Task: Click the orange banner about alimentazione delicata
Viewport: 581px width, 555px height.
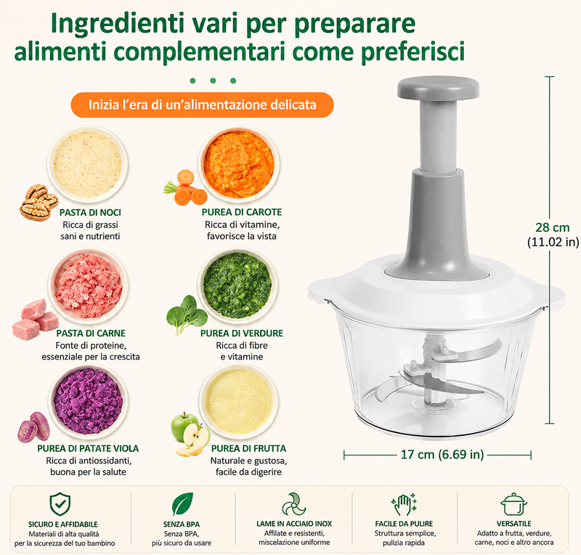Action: (x=203, y=105)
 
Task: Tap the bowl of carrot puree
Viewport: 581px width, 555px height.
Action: (x=239, y=165)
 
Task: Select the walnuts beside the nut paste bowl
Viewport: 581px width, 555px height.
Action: (x=38, y=203)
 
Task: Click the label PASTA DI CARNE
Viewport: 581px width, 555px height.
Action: (x=91, y=333)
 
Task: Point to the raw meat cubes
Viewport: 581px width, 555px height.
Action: (x=35, y=319)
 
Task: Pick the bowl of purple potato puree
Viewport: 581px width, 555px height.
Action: (x=88, y=402)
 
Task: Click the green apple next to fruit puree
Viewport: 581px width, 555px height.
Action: (x=184, y=426)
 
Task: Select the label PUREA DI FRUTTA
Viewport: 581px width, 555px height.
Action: (x=248, y=449)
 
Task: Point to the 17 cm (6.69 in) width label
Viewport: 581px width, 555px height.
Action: (x=442, y=455)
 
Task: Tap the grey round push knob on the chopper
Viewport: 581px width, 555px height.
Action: (x=438, y=89)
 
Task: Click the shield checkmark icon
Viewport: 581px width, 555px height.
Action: (x=60, y=504)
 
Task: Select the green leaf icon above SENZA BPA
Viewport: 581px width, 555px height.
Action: (x=183, y=504)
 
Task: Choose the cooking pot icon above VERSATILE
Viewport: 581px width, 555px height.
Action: (x=513, y=504)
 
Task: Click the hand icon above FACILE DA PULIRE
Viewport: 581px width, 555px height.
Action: (x=404, y=504)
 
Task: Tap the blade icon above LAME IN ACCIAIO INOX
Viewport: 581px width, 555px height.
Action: (x=294, y=504)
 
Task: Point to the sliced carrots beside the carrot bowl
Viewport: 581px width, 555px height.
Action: (x=186, y=187)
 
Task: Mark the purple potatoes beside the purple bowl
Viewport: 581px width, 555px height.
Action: (x=33, y=426)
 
